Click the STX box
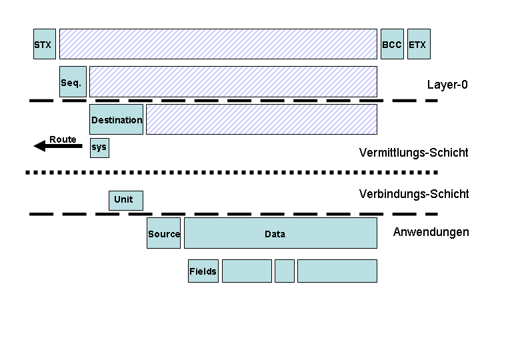point(44,44)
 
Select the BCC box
point(392,44)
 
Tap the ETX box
point(419,44)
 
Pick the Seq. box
point(73,82)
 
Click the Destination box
point(116,119)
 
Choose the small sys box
point(99,147)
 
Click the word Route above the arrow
point(63,139)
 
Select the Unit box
point(125,200)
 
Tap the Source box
point(164,233)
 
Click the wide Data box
point(280,233)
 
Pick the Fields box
point(203,271)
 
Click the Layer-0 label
point(448,85)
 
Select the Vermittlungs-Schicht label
point(413,153)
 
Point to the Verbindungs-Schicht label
point(413,194)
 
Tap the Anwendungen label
point(431,232)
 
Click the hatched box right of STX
point(218,44)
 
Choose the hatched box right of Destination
point(261,119)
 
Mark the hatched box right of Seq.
point(233,82)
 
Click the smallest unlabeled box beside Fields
point(285,271)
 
